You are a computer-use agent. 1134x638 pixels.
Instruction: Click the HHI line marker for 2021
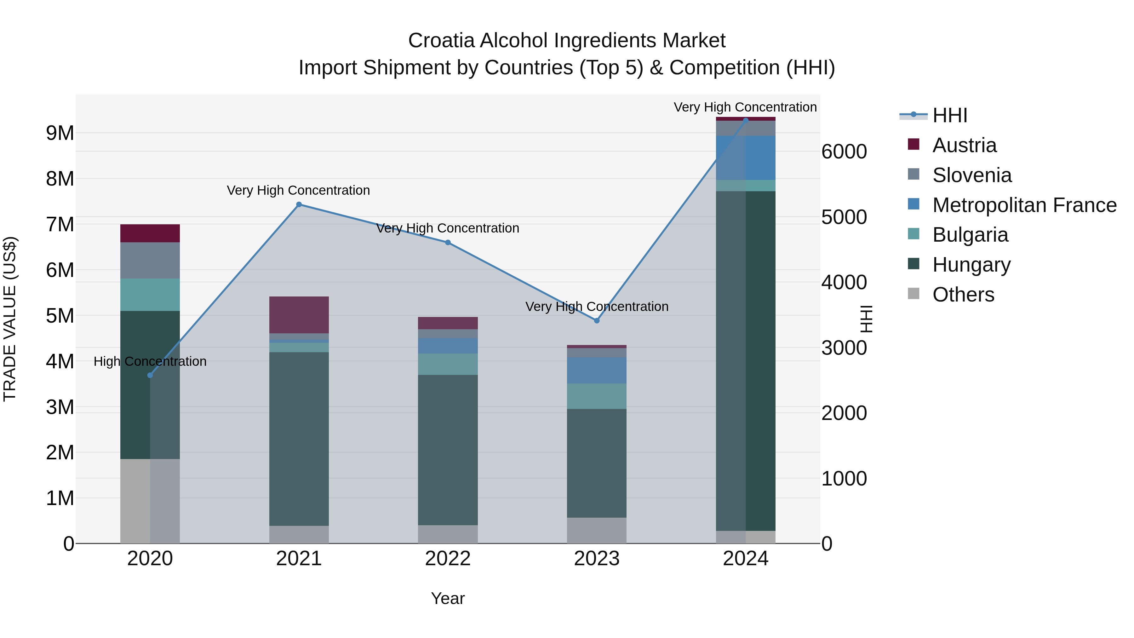point(299,204)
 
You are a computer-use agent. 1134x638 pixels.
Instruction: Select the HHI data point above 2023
point(597,320)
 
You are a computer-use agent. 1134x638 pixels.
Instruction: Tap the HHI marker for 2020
point(150,375)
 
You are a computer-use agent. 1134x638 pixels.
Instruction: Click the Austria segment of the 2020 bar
point(150,233)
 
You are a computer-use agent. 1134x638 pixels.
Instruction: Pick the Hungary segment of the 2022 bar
point(448,449)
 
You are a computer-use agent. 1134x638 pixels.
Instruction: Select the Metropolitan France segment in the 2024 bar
point(745,158)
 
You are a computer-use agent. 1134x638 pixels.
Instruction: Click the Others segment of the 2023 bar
point(597,530)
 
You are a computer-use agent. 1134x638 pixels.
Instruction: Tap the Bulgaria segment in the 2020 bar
point(150,295)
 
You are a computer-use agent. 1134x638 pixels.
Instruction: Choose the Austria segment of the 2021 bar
point(299,315)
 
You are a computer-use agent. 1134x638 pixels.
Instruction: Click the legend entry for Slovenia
point(971,175)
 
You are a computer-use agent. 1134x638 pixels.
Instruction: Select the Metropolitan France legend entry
point(1024,205)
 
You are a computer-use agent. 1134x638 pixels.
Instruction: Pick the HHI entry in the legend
point(949,115)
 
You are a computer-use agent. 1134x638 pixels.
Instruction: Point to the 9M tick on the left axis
point(60,133)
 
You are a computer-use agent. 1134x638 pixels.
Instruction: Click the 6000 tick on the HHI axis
point(844,152)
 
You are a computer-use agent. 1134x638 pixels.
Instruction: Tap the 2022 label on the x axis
point(448,559)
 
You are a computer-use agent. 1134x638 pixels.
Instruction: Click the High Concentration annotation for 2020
point(150,361)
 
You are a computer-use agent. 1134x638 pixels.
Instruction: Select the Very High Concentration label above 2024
point(745,107)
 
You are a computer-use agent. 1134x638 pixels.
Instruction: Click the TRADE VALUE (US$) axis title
point(10,319)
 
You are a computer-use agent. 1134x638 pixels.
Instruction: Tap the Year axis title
point(448,598)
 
